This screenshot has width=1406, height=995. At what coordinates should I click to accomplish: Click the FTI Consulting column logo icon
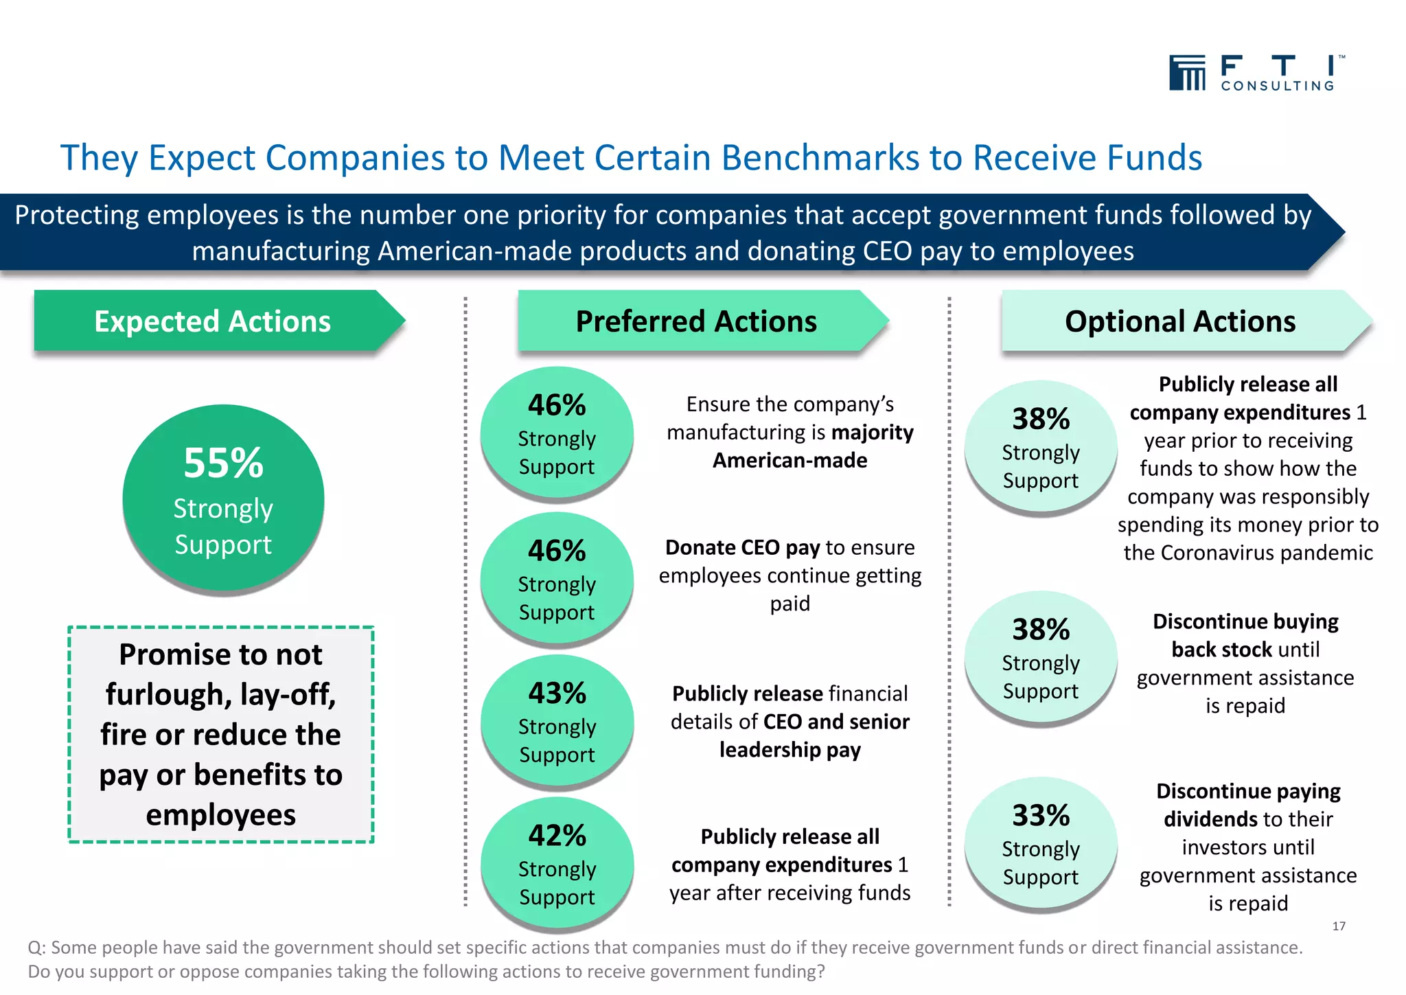pos(1187,73)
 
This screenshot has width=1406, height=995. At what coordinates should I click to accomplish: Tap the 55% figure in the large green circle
pos(223,463)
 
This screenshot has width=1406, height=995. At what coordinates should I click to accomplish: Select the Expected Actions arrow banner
pos(213,321)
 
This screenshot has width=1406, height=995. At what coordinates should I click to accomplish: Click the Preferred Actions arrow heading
pos(696,321)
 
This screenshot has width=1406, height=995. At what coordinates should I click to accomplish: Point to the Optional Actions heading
pos(1179,321)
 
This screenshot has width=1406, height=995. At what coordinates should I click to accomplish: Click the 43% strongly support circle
pos(557,721)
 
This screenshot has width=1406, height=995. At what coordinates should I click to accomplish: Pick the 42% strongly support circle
pos(557,864)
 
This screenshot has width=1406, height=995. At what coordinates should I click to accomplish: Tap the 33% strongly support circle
pos(1041,843)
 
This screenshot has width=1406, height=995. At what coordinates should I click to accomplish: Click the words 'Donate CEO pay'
pos(742,547)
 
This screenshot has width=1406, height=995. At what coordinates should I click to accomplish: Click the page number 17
pos(1339,926)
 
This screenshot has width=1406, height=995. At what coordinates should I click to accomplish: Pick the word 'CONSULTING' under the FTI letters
pos(1277,86)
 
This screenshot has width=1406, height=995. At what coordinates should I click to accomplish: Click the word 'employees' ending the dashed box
pos(220,815)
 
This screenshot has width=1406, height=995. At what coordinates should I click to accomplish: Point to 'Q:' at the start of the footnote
pos(36,948)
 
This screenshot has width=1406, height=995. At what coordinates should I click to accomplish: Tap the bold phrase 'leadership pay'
pos(790,750)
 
